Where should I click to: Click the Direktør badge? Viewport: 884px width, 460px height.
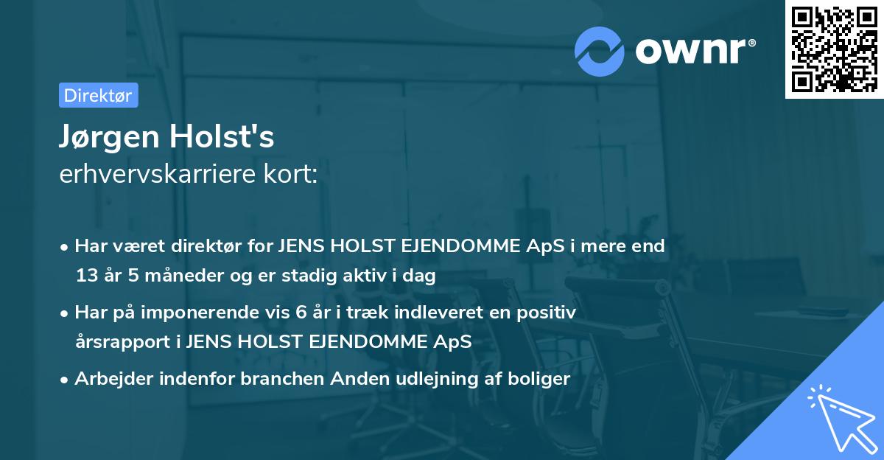98,95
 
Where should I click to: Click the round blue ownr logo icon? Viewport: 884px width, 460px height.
600,51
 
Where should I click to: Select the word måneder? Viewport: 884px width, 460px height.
172,276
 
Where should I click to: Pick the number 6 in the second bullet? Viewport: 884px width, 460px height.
300,313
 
